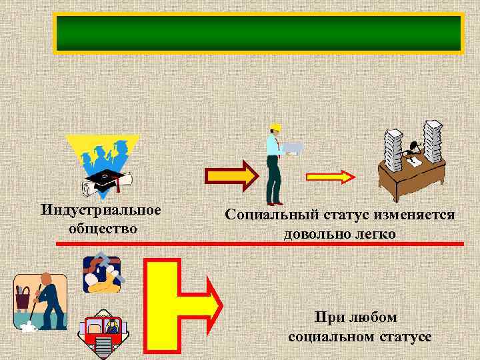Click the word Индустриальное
[101, 211]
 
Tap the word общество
[103, 228]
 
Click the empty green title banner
[258, 33]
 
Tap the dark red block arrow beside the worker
[229, 176]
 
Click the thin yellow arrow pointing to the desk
[331, 177]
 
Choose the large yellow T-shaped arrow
[180, 304]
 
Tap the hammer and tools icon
[102, 273]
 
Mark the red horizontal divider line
[260, 245]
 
